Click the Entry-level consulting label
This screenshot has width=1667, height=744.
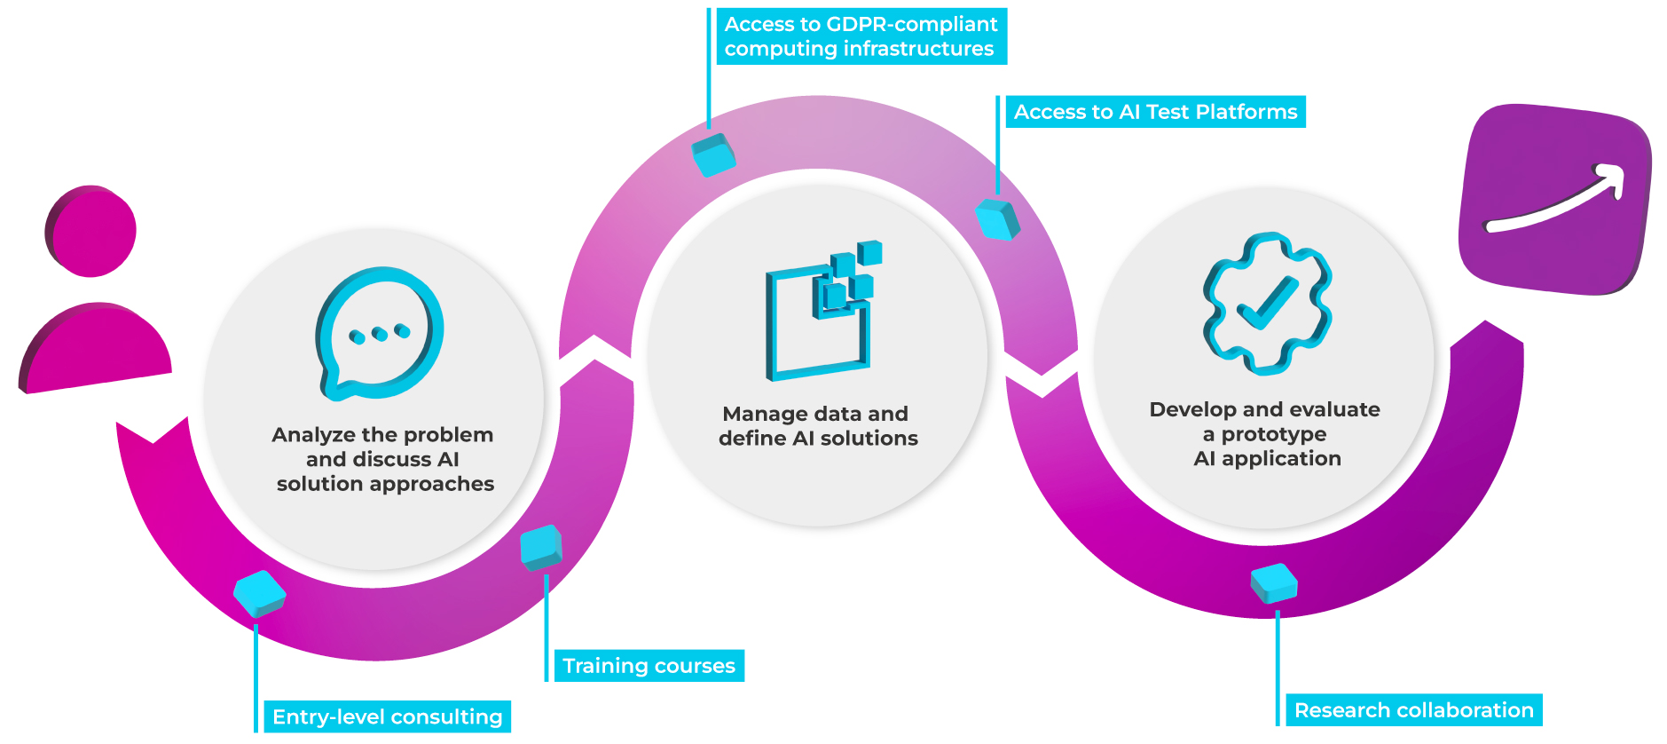pyautogui.click(x=387, y=716)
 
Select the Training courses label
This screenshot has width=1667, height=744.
pyautogui.click(x=649, y=666)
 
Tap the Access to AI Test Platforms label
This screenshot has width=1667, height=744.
pyautogui.click(x=1155, y=112)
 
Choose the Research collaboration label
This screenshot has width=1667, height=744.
pyautogui.click(x=1413, y=710)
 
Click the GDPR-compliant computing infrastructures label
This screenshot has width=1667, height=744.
pyautogui.click(x=861, y=36)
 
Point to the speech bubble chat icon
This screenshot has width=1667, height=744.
pyautogui.click(x=380, y=333)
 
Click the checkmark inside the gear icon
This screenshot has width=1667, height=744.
pyautogui.click(x=1267, y=303)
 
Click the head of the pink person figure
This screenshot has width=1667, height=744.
pyautogui.click(x=91, y=231)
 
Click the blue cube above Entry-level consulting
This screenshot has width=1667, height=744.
pyautogui.click(x=259, y=593)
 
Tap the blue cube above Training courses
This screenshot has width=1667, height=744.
pyautogui.click(x=541, y=547)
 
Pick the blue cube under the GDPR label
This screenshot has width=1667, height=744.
pyautogui.click(x=713, y=154)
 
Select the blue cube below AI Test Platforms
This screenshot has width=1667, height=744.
pyautogui.click(x=997, y=218)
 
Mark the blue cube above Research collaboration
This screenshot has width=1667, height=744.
pyautogui.click(x=1274, y=583)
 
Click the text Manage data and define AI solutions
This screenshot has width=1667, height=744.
pyautogui.click(x=817, y=426)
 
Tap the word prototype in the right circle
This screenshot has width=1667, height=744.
pyautogui.click(x=1274, y=434)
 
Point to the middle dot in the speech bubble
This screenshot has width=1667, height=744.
pyautogui.click(x=380, y=334)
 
